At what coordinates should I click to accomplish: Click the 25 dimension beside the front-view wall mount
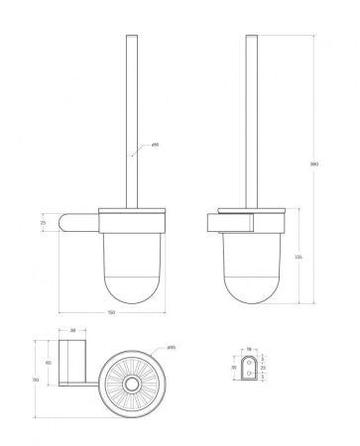click(44, 224)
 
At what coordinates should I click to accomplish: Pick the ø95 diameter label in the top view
click(171, 349)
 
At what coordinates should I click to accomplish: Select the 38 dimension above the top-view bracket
click(72, 332)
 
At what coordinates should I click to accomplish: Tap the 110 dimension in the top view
click(36, 380)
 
